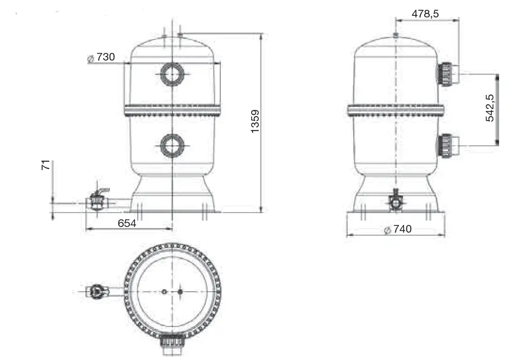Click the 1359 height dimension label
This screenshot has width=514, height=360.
pyautogui.click(x=255, y=121)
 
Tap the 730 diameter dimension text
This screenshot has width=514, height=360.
pyautogui.click(x=105, y=57)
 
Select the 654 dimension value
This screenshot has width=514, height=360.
pyautogui.click(x=127, y=223)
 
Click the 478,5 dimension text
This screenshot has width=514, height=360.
pyautogui.click(x=425, y=14)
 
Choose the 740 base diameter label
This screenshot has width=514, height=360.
pyautogui.click(x=403, y=229)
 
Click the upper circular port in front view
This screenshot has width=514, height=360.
pyautogui.click(x=172, y=74)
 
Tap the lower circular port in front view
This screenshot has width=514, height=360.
pyautogui.click(x=172, y=145)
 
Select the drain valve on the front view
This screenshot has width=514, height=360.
pyautogui.click(x=98, y=200)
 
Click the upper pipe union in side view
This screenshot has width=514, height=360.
pyautogui.click(x=446, y=74)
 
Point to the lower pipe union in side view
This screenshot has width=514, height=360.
pyautogui.click(x=446, y=145)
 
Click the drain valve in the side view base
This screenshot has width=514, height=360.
pyautogui.click(x=395, y=201)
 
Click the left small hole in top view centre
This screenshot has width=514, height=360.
pyautogui.click(x=164, y=292)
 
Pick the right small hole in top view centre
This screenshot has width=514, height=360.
pyautogui.click(x=180, y=292)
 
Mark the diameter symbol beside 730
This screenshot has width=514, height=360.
pyautogui.click(x=91, y=59)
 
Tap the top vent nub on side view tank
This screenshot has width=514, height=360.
pyautogui.click(x=395, y=35)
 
